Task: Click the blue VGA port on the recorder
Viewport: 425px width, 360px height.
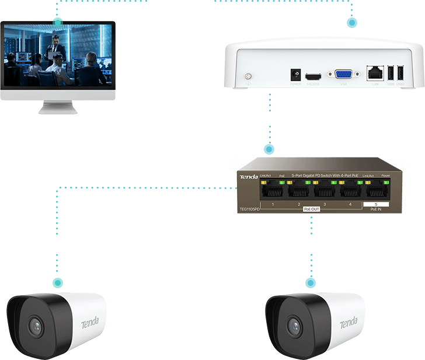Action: (x=343, y=75)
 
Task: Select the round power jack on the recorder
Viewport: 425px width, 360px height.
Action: (x=295, y=75)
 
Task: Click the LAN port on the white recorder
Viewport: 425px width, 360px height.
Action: (x=374, y=74)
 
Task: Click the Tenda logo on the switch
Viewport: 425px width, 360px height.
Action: (x=249, y=176)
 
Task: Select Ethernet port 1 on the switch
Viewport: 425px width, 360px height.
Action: (x=273, y=190)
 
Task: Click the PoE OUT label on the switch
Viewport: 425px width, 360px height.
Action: (x=311, y=209)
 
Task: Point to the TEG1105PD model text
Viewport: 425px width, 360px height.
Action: (x=250, y=208)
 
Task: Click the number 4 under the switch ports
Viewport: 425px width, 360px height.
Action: (x=350, y=204)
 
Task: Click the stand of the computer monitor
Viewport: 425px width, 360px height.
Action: (x=58, y=106)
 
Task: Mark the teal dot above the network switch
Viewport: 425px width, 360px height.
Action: (x=269, y=149)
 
